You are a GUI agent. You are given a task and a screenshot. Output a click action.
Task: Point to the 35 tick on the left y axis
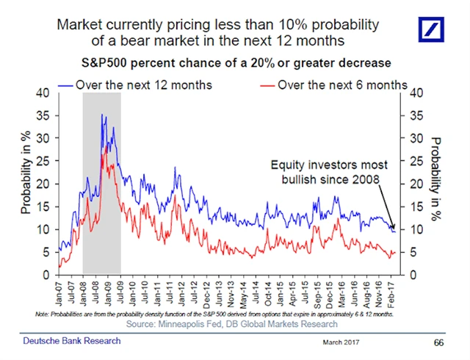[45, 115]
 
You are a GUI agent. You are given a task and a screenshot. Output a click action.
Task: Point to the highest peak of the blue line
[102, 115]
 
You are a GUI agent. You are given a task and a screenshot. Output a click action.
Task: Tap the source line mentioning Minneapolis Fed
[232, 323]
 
